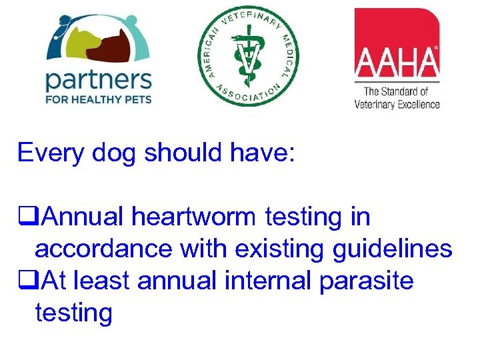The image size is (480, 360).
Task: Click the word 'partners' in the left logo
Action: pyautogui.click(x=98, y=81)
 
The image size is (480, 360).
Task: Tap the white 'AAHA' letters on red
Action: pyautogui.click(x=397, y=63)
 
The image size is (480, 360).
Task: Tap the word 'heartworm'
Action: pyautogui.click(x=196, y=217)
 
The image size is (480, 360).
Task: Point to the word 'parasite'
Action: pyautogui.click(x=367, y=281)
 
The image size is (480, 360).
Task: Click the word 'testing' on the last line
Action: pyautogui.click(x=73, y=312)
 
